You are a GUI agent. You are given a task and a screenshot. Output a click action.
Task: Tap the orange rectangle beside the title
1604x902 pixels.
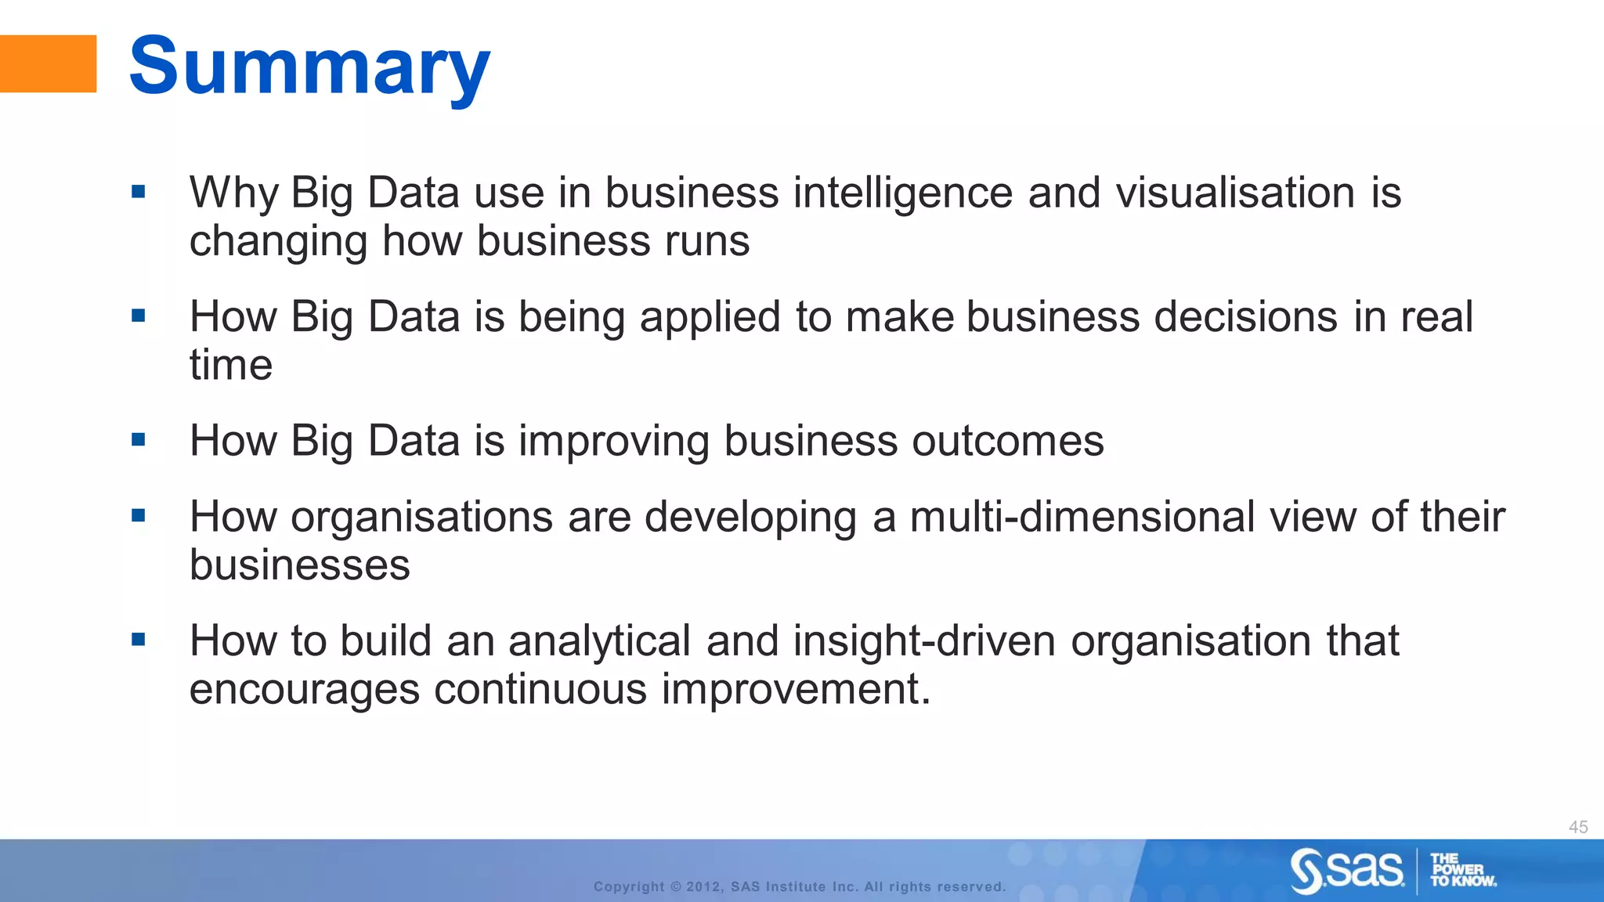[48, 64]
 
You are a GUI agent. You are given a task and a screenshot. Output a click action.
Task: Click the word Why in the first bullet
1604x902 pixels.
[233, 193]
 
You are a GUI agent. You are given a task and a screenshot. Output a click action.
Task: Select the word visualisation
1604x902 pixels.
[1235, 193]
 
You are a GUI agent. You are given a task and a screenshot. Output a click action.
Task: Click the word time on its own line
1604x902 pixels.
[231, 365]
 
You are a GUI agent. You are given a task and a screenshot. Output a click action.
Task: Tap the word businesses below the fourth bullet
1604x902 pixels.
[299, 565]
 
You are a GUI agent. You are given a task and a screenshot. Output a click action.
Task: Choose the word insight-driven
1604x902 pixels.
[924, 641]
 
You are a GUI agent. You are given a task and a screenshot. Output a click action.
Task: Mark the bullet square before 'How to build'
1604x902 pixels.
[139, 640]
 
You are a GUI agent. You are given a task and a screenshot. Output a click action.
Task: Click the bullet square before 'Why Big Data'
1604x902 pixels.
[139, 192]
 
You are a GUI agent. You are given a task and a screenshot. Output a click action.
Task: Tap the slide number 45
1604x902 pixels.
[1578, 827]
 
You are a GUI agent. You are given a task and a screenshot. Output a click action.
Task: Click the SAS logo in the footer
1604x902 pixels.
[1347, 870]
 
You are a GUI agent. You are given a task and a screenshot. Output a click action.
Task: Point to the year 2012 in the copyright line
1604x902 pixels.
[703, 887]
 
